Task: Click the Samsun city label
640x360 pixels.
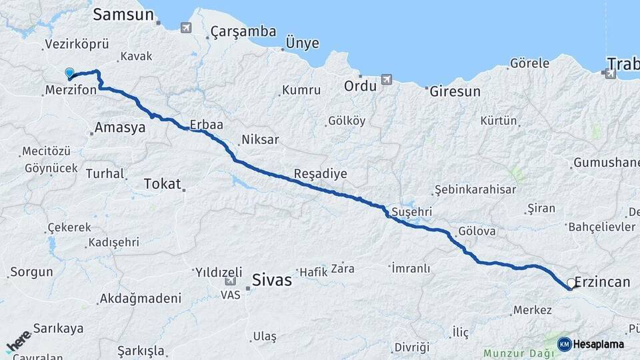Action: pos(124,15)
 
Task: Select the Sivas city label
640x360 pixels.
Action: pos(272,280)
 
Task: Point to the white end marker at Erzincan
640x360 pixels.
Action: pos(571,283)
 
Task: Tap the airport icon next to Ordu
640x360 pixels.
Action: pos(386,81)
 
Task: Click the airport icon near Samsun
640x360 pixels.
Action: pos(185,27)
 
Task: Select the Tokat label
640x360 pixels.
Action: pos(163,184)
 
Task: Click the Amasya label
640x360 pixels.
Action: pos(120,128)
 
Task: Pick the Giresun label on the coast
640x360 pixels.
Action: pos(455,91)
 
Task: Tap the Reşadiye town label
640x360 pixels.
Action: pos(320,174)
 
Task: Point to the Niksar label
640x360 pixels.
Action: pos(260,140)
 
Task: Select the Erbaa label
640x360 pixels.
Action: pos(206,125)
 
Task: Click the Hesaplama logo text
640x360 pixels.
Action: pos(598,344)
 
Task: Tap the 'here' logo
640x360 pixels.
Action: pos(18,341)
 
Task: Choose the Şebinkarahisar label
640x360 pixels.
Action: pos(475,189)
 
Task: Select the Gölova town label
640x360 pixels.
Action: pos(476,231)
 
